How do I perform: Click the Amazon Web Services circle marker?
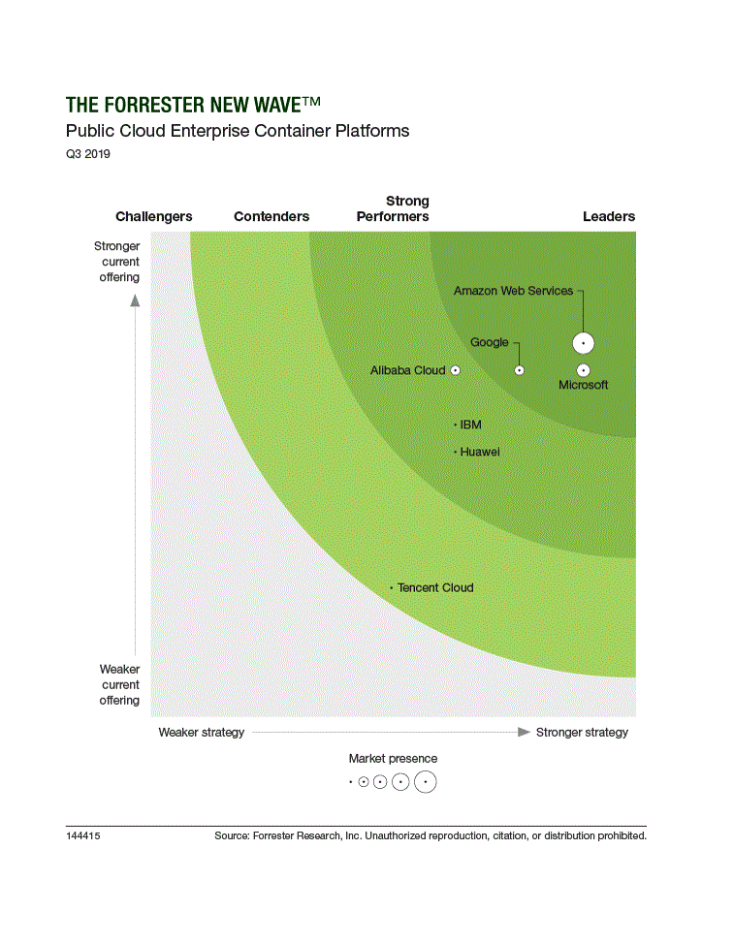tap(583, 342)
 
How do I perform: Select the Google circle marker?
tap(519, 370)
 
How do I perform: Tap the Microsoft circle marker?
tap(583, 370)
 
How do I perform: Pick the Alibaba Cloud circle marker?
tap(455, 370)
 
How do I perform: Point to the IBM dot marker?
tap(456, 425)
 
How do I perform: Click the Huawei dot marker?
tap(456, 452)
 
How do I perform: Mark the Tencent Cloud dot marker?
tap(392, 587)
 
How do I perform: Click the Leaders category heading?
tap(609, 216)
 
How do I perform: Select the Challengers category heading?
tap(154, 216)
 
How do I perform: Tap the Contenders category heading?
tap(271, 216)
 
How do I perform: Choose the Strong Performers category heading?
tap(393, 208)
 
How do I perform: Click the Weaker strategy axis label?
tap(202, 732)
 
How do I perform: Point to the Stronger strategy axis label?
tap(582, 732)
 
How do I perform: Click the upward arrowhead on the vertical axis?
tap(135, 300)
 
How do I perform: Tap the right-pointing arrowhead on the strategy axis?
tap(525, 732)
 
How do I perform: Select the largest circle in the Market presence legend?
tap(425, 782)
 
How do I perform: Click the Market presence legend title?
tap(393, 759)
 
